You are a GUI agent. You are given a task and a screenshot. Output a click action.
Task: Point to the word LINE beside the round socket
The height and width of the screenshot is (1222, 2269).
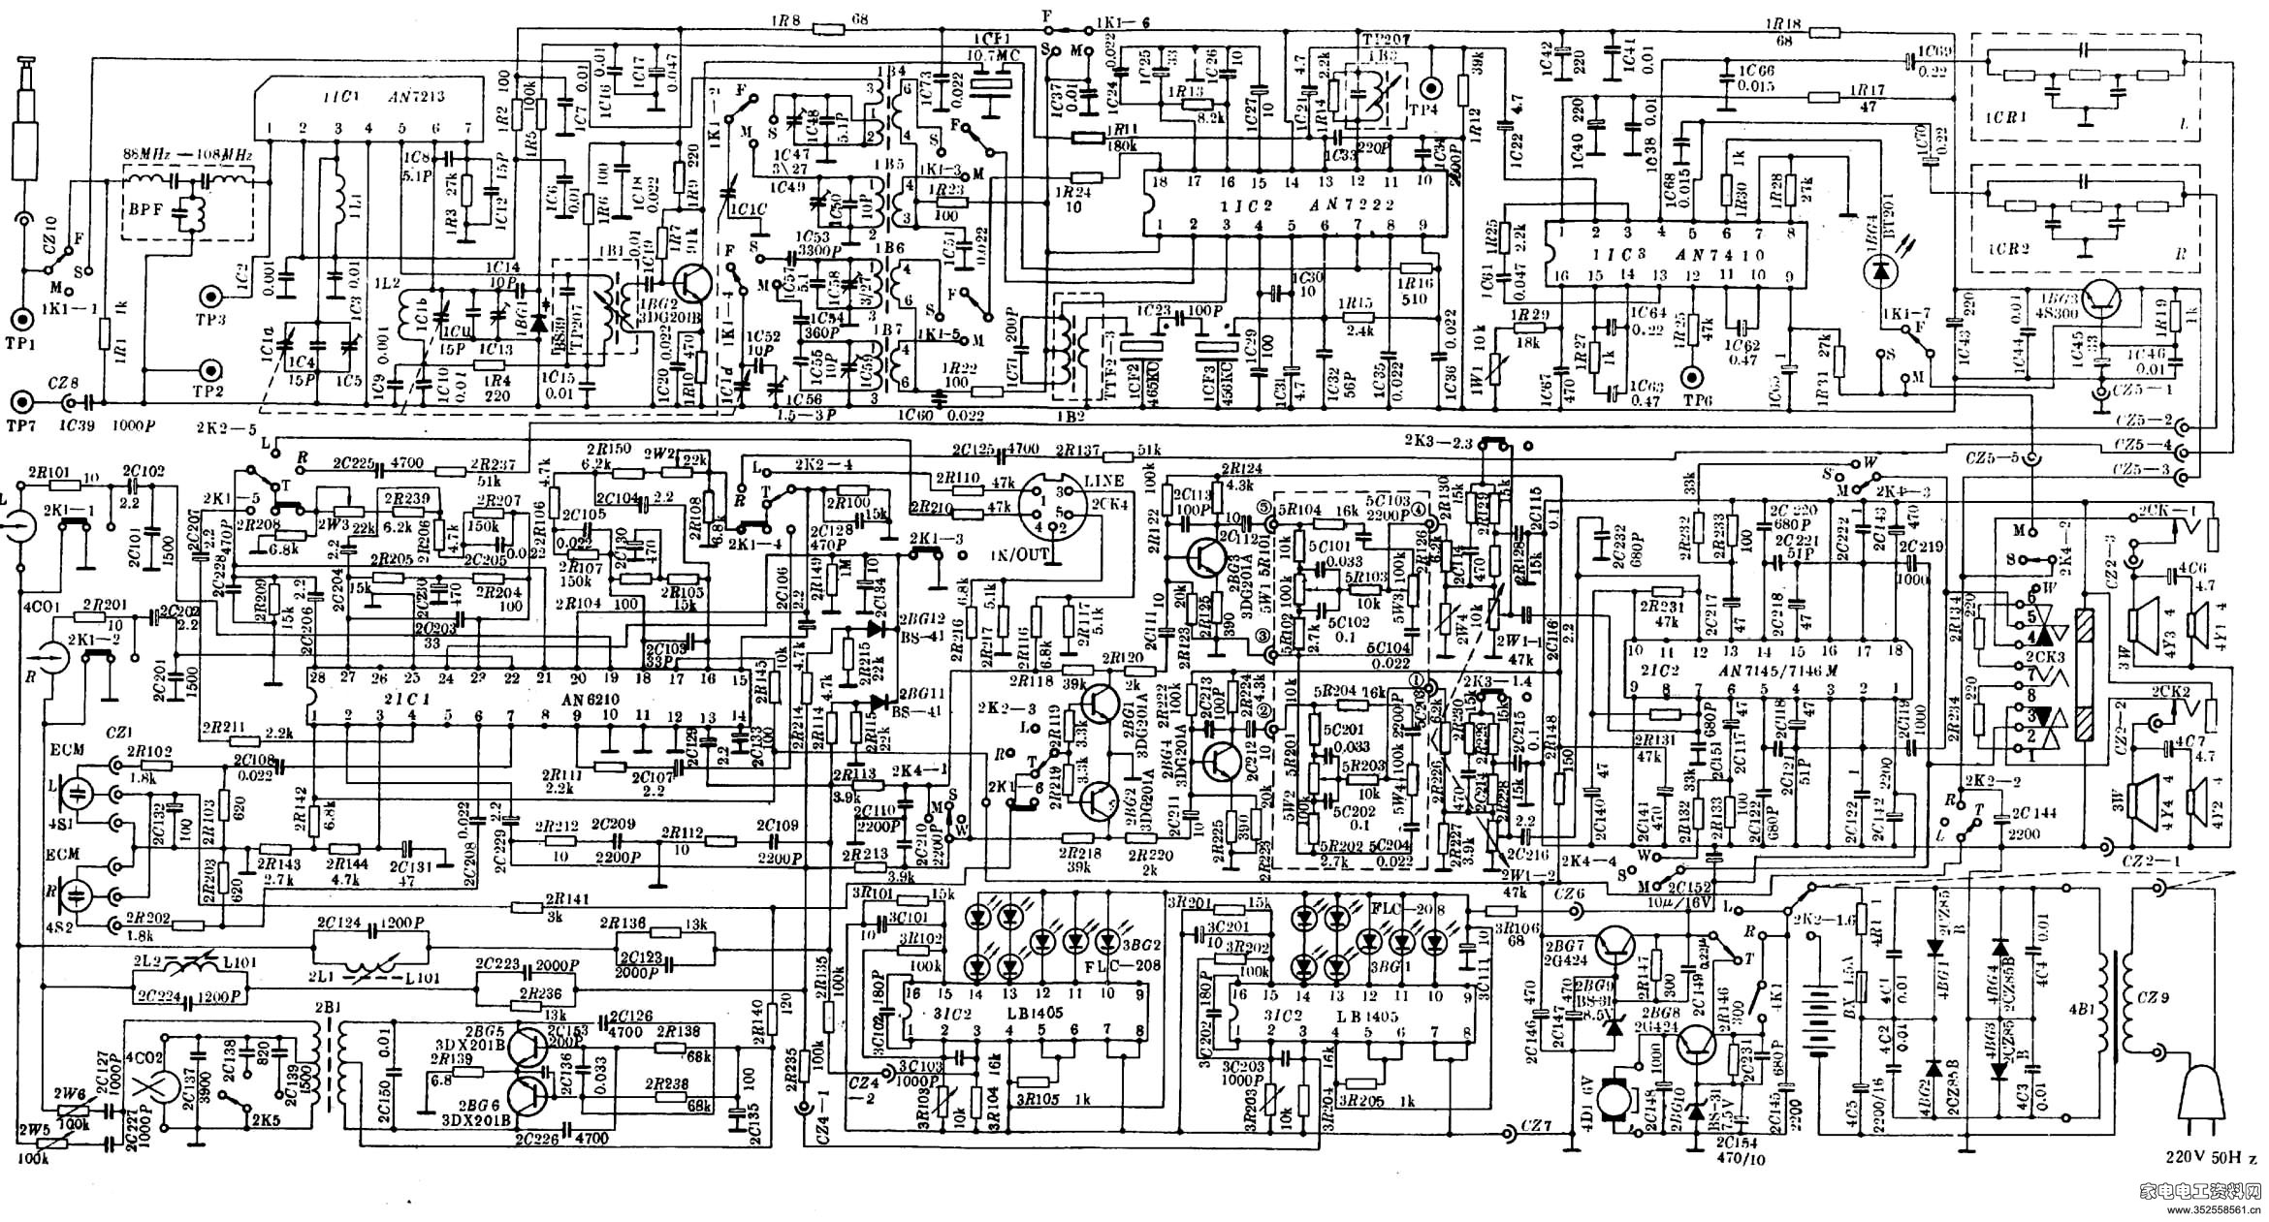click(x=1104, y=481)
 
